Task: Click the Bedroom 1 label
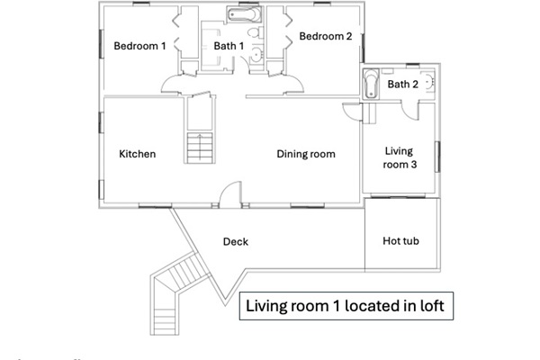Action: tap(139, 46)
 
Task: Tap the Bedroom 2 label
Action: tap(326, 36)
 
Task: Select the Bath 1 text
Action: tap(229, 46)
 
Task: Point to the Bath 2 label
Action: tap(403, 84)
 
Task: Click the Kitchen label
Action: tap(138, 154)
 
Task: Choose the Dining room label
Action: tap(306, 154)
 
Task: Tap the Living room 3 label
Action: tap(400, 157)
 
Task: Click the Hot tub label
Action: tap(400, 241)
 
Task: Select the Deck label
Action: tap(236, 241)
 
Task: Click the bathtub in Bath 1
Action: tap(244, 14)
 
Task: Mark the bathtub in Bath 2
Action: tap(371, 84)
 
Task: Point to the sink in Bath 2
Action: tap(428, 82)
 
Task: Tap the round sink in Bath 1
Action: tap(256, 55)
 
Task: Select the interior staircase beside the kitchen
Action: tap(200, 148)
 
